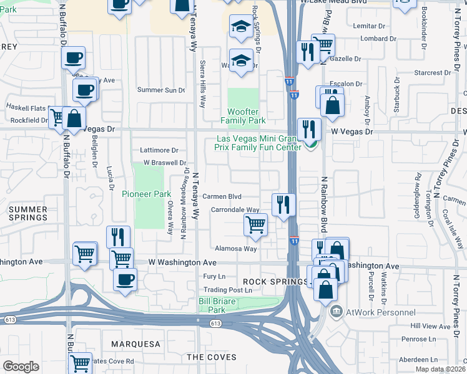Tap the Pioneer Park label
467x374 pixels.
point(145,194)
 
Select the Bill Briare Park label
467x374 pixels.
point(216,305)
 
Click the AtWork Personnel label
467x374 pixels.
point(381,312)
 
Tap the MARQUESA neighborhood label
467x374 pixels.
point(135,344)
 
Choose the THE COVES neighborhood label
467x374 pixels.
point(212,357)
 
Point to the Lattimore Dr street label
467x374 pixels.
point(159,150)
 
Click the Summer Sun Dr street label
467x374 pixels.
point(161,90)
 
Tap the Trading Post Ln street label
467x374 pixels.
point(222,290)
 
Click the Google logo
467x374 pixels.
point(21,367)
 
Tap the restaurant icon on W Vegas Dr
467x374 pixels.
point(309,129)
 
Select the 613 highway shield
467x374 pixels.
point(216,324)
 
